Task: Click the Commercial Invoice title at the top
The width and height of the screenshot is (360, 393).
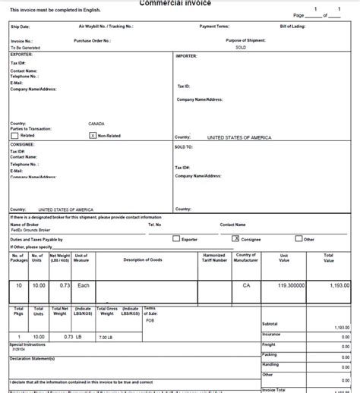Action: click(179, 3)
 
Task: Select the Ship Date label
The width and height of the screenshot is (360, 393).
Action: click(21, 26)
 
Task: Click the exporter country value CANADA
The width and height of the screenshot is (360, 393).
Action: click(96, 123)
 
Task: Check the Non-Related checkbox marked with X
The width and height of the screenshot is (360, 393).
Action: click(93, 136)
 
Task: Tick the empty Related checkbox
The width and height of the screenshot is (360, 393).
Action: click(14, 136)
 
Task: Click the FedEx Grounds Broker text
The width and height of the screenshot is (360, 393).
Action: click(30, 230)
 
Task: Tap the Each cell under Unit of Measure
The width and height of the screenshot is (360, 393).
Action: click(84, 287)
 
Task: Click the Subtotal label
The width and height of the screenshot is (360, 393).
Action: click(270, 323)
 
